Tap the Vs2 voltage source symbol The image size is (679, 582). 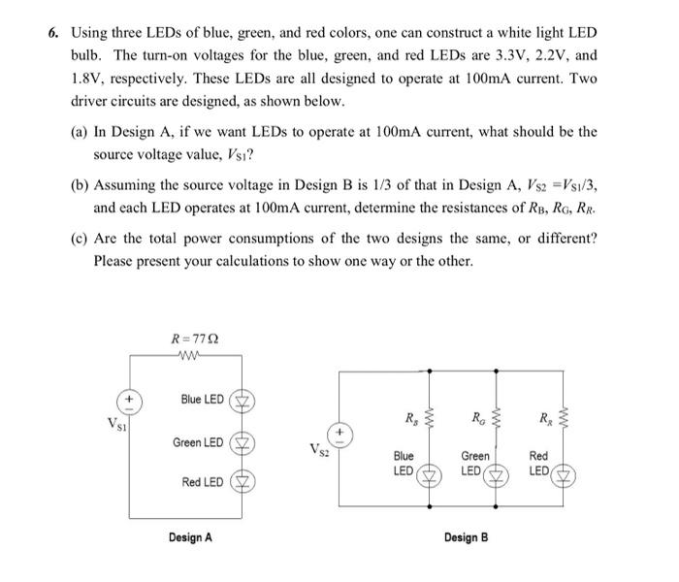pyautogui.click(x=339, y=430)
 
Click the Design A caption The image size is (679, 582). pyautogui.click(x=191, y=535)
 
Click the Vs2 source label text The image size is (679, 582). pyautogui.click(x=315, y=449)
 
